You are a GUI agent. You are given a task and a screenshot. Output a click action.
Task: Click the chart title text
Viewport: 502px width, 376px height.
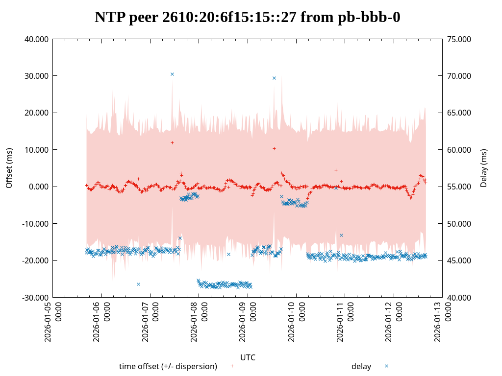point(248,17)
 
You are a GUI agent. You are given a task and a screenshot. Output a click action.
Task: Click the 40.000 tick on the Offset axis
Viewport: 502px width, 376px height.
point(37,39)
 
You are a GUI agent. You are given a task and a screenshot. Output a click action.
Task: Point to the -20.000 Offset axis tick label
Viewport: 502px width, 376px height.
point(36,260)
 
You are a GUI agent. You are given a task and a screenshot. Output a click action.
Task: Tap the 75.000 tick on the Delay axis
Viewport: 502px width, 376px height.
point(459,39)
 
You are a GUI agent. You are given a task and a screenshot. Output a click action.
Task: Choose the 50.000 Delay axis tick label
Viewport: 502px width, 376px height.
point(459,224)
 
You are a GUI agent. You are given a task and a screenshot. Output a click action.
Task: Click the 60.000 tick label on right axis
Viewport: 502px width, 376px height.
point(459,150)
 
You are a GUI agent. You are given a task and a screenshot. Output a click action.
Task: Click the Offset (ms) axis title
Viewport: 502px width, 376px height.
point(9,168)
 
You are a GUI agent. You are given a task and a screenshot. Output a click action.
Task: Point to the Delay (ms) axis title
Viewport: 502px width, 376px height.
point(484,168)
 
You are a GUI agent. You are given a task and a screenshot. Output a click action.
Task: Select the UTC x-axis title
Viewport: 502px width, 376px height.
point(248,357)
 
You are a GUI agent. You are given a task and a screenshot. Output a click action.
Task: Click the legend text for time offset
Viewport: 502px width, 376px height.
point(168,366)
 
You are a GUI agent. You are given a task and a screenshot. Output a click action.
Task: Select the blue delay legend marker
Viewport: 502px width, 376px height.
point(386,366)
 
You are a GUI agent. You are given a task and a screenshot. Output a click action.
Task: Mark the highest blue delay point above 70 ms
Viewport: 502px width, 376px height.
point(172,74)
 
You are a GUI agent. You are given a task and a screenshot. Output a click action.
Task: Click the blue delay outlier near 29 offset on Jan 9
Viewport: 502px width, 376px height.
point(274,78)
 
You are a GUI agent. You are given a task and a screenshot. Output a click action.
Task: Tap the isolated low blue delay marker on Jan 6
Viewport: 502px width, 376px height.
point(138,284)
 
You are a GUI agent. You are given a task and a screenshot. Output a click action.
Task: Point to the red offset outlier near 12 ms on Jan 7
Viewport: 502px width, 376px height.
point(172,142)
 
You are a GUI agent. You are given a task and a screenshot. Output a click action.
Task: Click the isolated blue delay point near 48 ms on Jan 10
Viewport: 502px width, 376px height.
point(341,235)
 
